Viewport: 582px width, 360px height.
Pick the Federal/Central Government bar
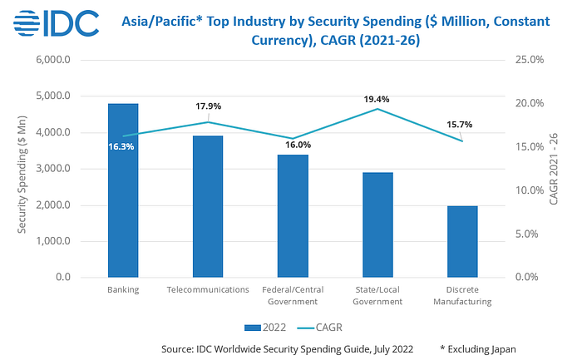pos(293,215)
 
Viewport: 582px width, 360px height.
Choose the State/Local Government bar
pos(377,224)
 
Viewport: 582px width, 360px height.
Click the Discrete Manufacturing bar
pos(462,241)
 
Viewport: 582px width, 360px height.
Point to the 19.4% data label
pos(377,99)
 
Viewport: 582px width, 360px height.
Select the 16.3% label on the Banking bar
pos(121,146)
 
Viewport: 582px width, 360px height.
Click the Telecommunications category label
pos(208,289)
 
